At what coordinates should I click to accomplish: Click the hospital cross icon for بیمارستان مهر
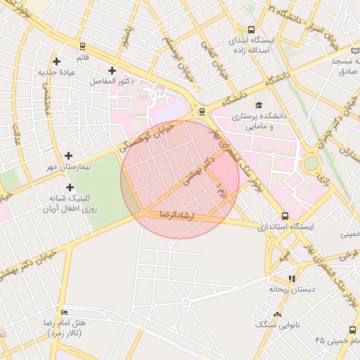point(68,155)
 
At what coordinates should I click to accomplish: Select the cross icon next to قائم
point(82,46)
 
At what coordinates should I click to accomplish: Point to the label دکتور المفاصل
point(112,82)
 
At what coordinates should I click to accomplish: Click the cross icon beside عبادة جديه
point(56,62)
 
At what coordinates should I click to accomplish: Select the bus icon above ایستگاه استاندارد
point(285,216)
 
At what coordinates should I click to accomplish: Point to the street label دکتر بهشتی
point(196,171)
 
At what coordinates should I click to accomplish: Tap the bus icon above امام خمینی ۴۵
point(352,330)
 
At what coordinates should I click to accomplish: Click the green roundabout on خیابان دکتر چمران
point(311,164)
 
